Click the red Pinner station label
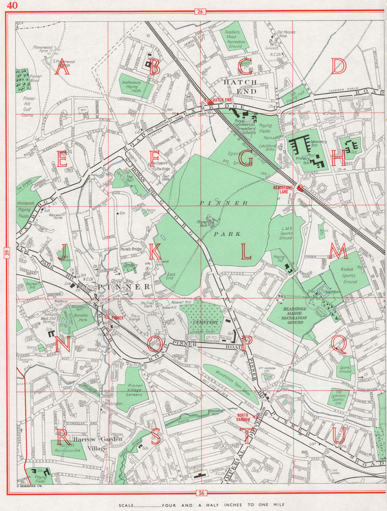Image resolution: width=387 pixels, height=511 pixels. (116, 318)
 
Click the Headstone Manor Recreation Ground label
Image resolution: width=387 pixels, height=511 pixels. (295, 315)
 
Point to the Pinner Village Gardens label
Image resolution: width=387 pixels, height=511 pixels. (135, 390)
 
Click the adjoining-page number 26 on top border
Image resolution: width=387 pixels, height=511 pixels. (200, 12)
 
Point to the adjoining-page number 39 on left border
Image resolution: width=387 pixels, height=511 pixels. (8, 253)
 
